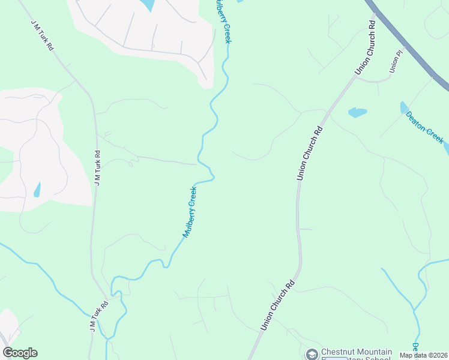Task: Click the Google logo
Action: point(20,353)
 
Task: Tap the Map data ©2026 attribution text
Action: point(423,355)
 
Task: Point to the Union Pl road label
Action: point(395,62)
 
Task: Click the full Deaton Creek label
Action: point(425,127)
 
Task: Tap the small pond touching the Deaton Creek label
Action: point(403,107)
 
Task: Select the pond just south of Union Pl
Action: point(357,112)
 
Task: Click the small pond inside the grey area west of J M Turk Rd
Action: point(37,190)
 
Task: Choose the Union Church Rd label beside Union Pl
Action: point(366,48)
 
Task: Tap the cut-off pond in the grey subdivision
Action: point(146,5)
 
